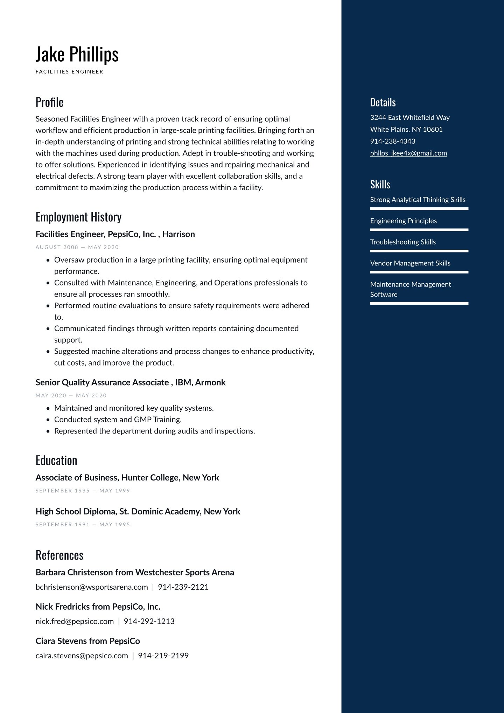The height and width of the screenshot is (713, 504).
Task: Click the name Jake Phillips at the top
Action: pos(77,54)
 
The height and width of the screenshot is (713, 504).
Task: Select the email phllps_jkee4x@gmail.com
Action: pos(408,153)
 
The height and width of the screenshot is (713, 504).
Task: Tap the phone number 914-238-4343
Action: pos(392,141)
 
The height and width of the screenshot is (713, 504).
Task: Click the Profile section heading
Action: pos(49,102)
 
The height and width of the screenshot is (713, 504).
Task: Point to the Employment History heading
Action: pos(78,217)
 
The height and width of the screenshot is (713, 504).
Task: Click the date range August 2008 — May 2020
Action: pos(77,247)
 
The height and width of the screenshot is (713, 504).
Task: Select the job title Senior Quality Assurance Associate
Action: pos(102,382)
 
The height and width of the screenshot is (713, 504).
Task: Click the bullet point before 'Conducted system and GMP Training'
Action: pos(48,420)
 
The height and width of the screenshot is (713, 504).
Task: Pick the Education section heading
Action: pos(56,461)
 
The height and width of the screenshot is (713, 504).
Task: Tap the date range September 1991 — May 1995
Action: pos(83,525)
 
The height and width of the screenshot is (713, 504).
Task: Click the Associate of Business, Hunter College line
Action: pos(127,478)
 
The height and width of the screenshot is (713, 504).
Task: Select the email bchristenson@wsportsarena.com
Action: pos(92,587)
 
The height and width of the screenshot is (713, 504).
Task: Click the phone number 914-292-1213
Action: pos(149,621)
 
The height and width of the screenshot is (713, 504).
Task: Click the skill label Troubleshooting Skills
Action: pos(403,242)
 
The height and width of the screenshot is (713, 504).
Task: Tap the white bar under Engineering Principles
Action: pos(419,230)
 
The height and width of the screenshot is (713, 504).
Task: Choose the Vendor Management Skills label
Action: pos(410,263)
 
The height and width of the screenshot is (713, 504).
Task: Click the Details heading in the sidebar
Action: pos(383,102)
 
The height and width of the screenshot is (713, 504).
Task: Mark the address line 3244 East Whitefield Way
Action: pos(410,117)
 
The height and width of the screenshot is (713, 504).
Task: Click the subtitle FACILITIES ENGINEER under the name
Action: pos(69,72)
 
